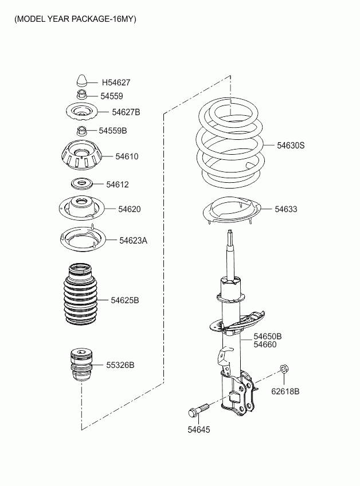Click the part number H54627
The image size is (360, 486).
pos(116,83)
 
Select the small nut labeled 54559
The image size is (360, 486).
pos(81,93)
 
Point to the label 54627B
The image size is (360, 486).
pos(126,112)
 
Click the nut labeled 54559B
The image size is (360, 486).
pos(81,131)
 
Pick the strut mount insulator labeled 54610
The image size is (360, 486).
pos(81,155)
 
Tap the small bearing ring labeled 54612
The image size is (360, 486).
pos(81,183)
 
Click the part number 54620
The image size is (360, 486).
pos(130,209)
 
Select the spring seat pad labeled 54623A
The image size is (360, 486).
pos(83,240)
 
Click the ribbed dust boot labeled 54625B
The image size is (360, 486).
pos(81,295)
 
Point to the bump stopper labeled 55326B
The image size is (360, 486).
pos(82,365)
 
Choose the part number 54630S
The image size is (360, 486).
pos(291,146)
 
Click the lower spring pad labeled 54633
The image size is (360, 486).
pos(232,211)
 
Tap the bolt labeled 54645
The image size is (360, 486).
pos(198,410)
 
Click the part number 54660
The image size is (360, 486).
pos(265,344)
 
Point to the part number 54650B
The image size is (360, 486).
pos(268,336)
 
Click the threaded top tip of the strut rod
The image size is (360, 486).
pos(230,231)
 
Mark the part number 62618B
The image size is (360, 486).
pos(285,391)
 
